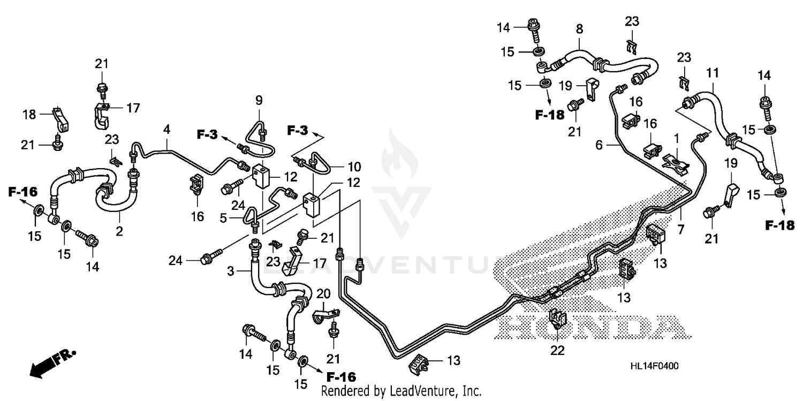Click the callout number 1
pyautogui.click(x=676, y=138)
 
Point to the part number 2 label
pyautogui.click(x=119, y=231)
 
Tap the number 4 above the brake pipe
pyautogui.click(x=167, y=129)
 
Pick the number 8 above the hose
pyautogui.click(x=579, y=29)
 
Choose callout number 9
pyautogui.click(x=259, y=100)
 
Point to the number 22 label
pyautogui.click(x=557, y=351)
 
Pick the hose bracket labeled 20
pyautogui.click(x=323, y=316)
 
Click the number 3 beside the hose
pyautogui.click(x=230, y=271)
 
